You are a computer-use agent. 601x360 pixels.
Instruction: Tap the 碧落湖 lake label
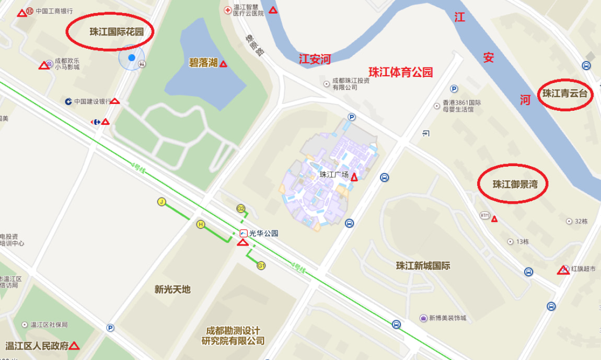pos(203,63)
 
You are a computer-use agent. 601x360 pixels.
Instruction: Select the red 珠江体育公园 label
pos(400,72)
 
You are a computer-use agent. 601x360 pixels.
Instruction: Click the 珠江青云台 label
pos(565,94)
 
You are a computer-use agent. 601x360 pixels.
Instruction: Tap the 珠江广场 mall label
pos(334,175)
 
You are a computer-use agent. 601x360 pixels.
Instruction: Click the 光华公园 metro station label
pos(263,233)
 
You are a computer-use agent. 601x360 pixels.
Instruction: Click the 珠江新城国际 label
pos(423,265)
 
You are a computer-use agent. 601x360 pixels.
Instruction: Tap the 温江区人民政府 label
pos(37,346)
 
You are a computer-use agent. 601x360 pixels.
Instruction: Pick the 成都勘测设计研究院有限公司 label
pos(233,335)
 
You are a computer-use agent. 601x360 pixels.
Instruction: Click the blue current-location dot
pos(132,57)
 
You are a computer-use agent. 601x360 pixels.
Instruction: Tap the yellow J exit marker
pos(161,202)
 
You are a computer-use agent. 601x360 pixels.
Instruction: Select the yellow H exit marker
pos(200,225)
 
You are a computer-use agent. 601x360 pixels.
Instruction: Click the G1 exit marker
pos(261,266)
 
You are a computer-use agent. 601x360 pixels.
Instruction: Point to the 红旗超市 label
pos(583,269)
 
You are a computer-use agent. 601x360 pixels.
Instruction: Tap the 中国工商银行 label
pos(54,11)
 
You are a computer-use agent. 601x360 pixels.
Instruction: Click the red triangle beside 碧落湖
pos(223,64)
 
